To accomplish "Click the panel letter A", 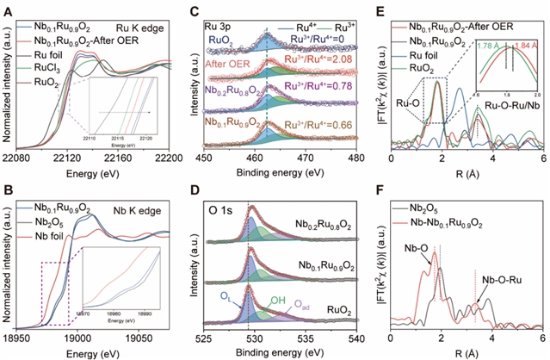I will coord(8,8).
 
